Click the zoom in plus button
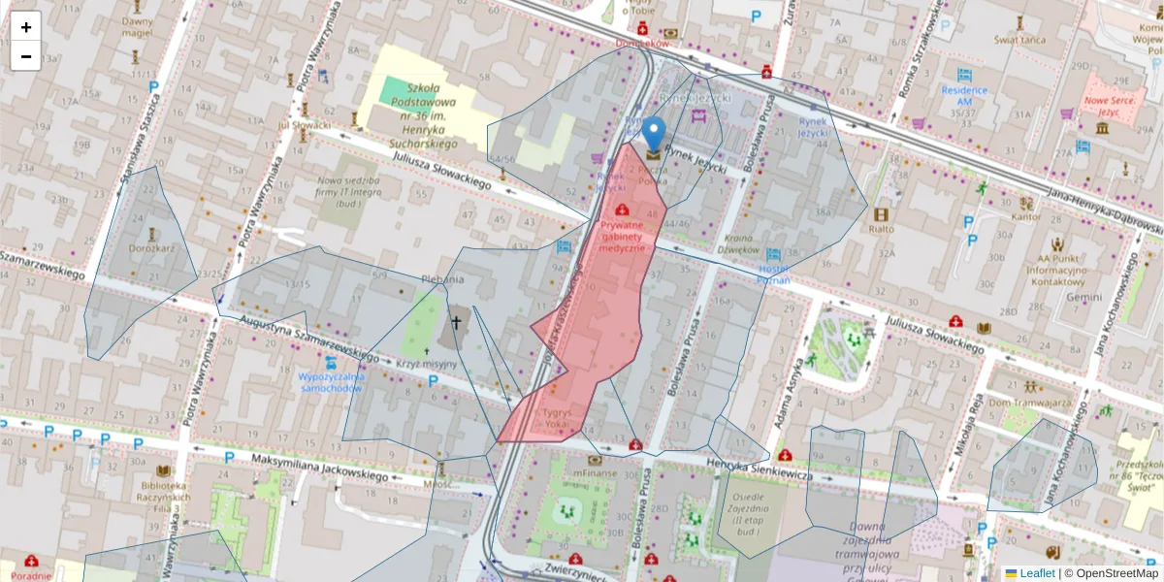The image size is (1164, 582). tap(26, 27)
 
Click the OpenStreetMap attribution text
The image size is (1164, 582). tap(1115, 573)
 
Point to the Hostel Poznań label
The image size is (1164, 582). tap(774, 274)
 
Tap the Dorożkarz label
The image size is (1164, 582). tap(150, 247)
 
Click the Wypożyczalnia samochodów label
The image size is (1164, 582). tap(331, 381)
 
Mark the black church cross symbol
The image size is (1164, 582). tap(456, 321)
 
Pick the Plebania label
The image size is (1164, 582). tap(442, 279)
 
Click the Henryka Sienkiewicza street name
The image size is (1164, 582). tap(758, 469)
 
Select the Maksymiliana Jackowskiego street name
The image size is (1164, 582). tap(319, 468)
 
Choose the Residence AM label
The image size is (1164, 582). tap(963, 95)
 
